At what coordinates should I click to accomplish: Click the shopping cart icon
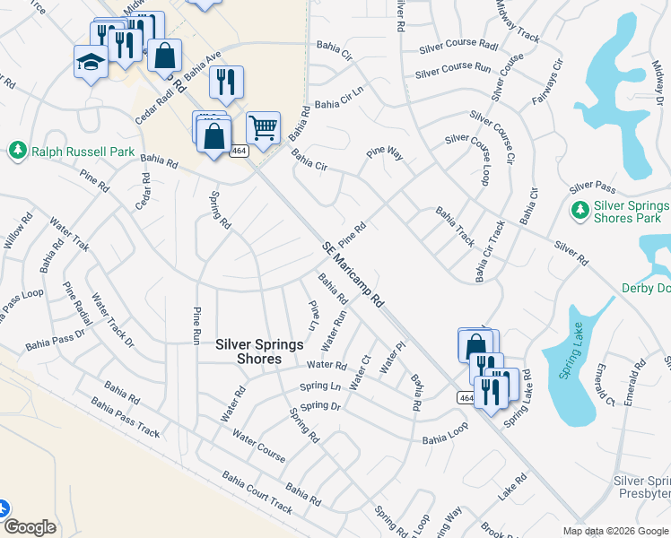click(x=263, y=127)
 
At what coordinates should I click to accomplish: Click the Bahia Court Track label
click(x=257, y=493)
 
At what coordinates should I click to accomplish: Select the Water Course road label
click(x=258, y=446)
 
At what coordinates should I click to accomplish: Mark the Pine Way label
click(x=384, y=154)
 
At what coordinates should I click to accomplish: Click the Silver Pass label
click(x=592, y=187)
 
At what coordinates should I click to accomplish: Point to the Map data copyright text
click(x=614, y=531)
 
